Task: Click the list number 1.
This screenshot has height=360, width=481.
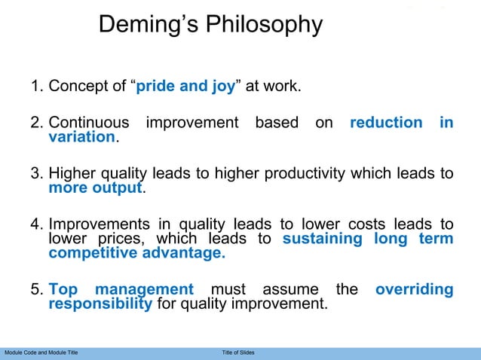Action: tap(35, 86)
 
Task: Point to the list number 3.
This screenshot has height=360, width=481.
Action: tap(35, 174)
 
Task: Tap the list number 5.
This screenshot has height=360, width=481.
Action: tap(35, 290)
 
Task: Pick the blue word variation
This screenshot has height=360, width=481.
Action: tap(82, 137)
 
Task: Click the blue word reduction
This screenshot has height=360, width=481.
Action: tap(386, 123)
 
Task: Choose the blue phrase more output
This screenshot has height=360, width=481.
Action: tap(95, 188)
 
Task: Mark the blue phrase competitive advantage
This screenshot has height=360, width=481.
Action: tap(136, 254)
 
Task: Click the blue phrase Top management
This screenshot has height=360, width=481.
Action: tap(121, 290)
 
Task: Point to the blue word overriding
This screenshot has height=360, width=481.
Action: tap(414, 290)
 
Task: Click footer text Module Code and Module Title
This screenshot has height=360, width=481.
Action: tap(41, 352)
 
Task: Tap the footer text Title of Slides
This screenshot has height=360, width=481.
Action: tap(238, 352)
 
